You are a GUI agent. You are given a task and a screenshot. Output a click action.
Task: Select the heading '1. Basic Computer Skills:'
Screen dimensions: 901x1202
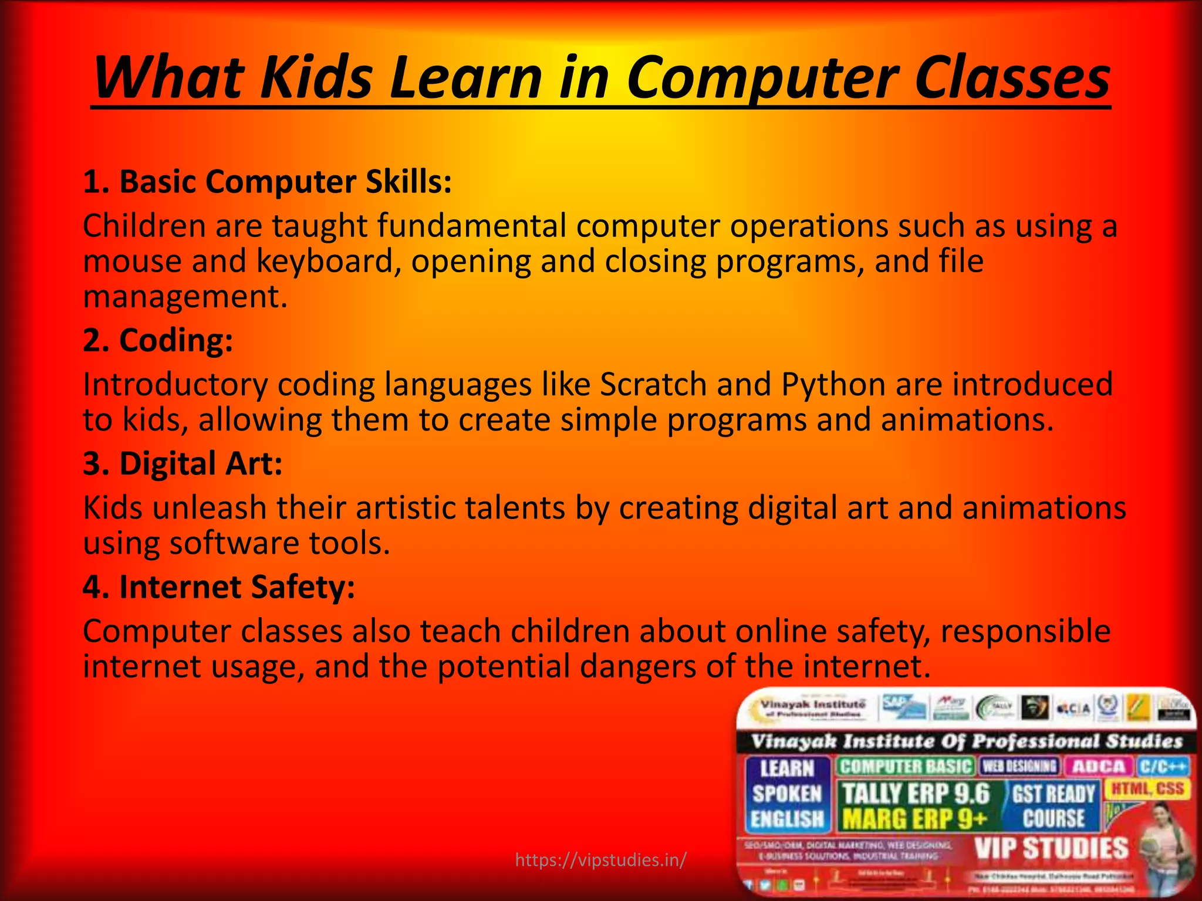tap(268, 182)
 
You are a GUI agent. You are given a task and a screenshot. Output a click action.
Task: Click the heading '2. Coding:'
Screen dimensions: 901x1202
tap(158, 340)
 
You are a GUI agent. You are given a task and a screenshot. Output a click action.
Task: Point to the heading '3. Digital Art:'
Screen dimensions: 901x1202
tap(183, 463)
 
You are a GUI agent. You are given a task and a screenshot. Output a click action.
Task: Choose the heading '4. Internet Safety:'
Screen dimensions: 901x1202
tap(219, 587)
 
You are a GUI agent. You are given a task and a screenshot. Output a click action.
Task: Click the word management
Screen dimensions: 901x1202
tap(185, 296)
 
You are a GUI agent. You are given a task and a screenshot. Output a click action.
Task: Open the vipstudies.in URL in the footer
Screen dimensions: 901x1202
tap(600, 860)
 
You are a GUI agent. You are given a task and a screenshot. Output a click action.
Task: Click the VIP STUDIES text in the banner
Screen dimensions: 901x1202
tap(1051, 848)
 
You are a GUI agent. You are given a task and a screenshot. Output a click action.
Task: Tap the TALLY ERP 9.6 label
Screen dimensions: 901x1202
tap(916, 794)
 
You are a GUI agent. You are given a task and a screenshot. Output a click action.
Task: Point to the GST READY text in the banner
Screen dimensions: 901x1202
tap(1054, 794)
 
